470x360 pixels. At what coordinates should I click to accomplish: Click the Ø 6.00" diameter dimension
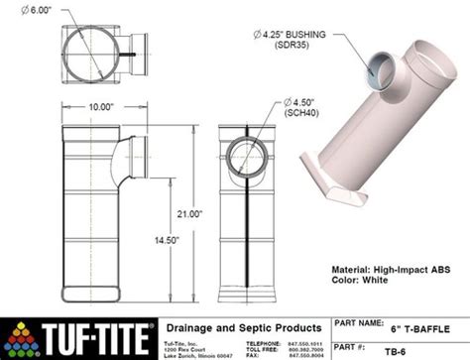tap(40, 13)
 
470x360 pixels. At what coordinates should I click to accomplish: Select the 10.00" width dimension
tap(98, 107)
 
